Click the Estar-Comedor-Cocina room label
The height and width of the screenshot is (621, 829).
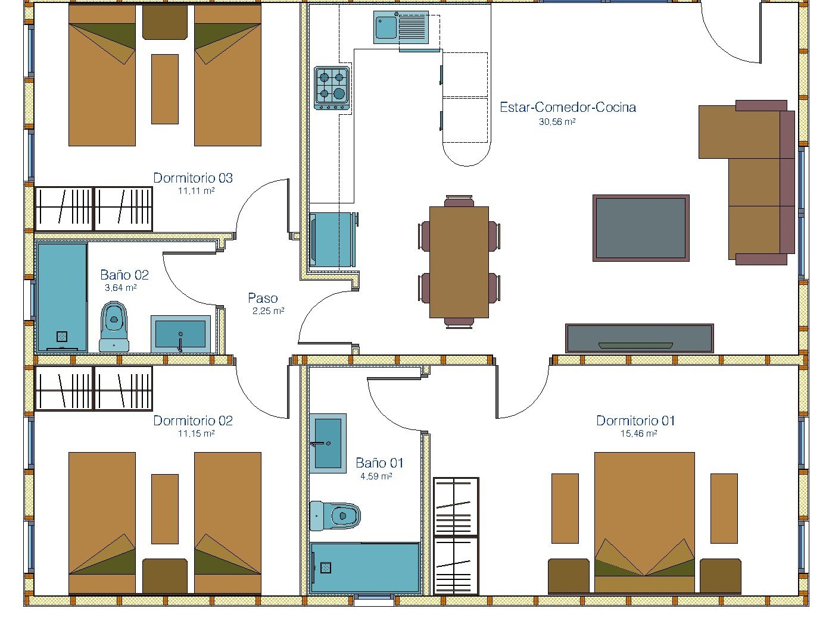coord(568,108)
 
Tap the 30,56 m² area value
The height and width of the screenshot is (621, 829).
coord(557,122)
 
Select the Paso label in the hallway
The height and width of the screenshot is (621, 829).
coord(263,298)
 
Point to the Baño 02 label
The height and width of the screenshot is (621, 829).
coord(124,274)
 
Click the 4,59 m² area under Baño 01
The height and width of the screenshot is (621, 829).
coord(376,476)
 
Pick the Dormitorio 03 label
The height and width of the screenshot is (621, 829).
coord(193,178)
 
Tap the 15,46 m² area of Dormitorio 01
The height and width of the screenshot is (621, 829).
coord(638,433)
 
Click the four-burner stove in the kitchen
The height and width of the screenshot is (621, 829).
coord(332,88)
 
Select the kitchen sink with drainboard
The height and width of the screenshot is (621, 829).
coord(401,27)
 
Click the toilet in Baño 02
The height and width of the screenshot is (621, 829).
coord(114,327)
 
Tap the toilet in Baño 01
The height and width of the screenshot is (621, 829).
coord(335,516)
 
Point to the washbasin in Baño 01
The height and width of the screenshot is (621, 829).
coord(328,443)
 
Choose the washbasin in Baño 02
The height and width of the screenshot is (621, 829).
coord(180,334)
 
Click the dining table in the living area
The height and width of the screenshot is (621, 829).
coord(459,262)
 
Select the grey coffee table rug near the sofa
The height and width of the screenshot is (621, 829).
coord(641,228)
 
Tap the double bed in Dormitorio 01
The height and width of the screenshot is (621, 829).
coord(644,522)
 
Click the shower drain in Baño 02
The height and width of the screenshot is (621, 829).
coord(62,336)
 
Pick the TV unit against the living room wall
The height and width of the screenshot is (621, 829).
coord(640,338)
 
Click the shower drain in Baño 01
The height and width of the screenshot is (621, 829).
coord(326,567)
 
